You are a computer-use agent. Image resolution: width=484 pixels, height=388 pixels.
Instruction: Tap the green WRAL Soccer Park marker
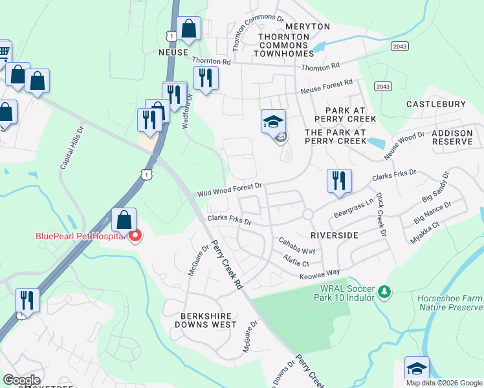385,293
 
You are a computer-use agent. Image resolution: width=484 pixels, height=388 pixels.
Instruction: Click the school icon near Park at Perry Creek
273,121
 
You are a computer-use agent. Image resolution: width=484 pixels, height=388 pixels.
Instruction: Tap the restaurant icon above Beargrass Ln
338,181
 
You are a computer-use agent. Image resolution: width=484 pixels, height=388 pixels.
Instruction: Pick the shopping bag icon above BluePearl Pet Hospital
124,221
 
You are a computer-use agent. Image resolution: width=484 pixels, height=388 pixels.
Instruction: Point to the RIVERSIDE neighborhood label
334,235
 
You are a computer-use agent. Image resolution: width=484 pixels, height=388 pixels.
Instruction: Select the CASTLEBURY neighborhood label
436,104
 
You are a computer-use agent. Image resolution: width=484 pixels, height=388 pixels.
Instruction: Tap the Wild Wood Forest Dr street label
229,189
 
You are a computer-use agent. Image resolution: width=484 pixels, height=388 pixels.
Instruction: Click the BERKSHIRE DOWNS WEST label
204,320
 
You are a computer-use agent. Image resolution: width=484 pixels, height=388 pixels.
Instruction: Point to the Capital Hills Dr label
72,148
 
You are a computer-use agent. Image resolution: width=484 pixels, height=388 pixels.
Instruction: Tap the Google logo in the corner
22,380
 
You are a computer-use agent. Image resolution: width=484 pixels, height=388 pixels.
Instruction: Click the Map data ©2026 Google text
444,383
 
